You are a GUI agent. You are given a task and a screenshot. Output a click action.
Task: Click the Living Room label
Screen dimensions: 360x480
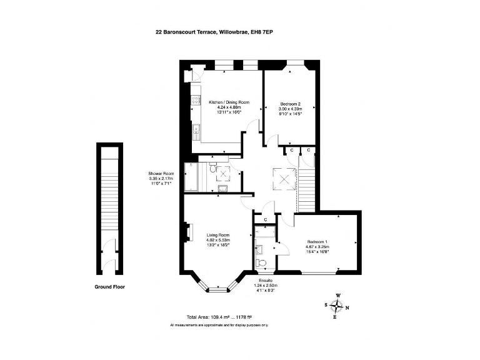[x=218, y=240]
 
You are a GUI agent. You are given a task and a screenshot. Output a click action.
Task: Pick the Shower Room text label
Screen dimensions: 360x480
[x=159, y=177]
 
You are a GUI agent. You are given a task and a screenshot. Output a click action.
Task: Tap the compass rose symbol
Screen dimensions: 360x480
[x=337, y=306]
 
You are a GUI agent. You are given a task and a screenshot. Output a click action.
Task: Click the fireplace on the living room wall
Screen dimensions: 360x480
[x=187, y=232]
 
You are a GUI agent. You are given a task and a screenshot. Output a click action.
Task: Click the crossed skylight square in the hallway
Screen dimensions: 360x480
[x=284, y=180]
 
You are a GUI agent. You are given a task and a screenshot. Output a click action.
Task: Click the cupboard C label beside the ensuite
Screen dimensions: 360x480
[x=265, y=220]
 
